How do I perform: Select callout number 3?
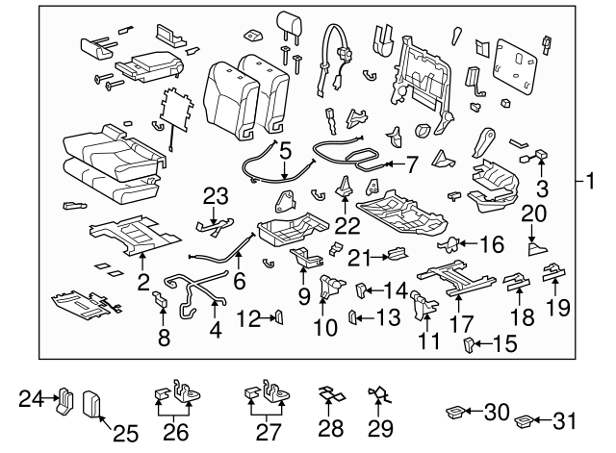pos(543,189)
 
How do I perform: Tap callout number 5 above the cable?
pos(285,151)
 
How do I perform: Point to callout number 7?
pos(412,164)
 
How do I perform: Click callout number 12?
pos(247,316)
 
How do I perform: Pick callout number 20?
pos(533,214)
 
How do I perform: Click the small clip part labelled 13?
pos(352,315)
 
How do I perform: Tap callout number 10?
pos(325,328)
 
